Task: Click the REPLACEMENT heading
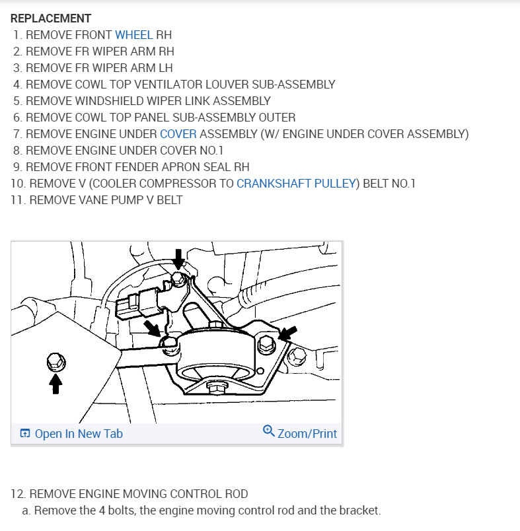[51, 18]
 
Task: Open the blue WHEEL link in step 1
[133, 35]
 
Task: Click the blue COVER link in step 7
[178, 134]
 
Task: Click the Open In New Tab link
[78, 434]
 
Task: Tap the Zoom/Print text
[307, 434]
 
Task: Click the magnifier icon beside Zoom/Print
[268, 431]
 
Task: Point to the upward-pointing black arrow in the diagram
[56, 384]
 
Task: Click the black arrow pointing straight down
[178, 260]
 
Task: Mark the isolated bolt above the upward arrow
[56, 361]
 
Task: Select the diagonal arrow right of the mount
[287, 334]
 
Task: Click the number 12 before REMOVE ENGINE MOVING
[18, 494]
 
